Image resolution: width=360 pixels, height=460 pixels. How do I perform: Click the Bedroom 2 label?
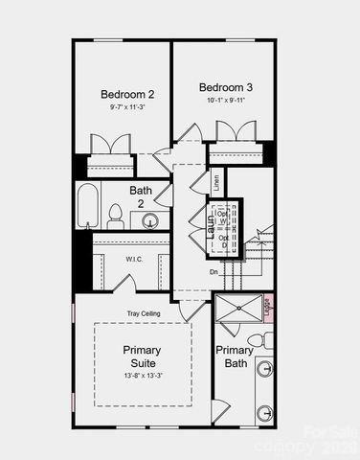pyautogui.click(x=127, y=94)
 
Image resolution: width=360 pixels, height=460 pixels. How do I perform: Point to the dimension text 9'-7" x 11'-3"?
pyautogui.click(x=127, y=108)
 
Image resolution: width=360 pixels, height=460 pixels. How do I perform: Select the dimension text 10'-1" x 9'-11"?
pyautogui.click(x=223, y=99)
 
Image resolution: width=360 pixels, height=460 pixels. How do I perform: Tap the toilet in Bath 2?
pyautogui.click(x=115, y=217)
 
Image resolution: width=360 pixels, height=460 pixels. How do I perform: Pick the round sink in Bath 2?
pyautogui.click(x=150, y=221)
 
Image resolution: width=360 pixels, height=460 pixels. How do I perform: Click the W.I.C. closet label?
pyautogui.click(x=133, y=259)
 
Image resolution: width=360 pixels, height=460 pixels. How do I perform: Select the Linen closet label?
pyautogui.click(x=217, y=183)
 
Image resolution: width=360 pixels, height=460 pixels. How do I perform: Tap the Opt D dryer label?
pyautogui.click(x=223, y=241)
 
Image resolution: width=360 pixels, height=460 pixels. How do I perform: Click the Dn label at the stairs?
pyautogui.click(x=214, y=272)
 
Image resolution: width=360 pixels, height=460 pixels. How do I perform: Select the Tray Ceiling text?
pyautogui.click(x=143, y=313)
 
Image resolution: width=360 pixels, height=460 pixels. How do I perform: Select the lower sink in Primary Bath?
pyautogui.click(x=264, y=413)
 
